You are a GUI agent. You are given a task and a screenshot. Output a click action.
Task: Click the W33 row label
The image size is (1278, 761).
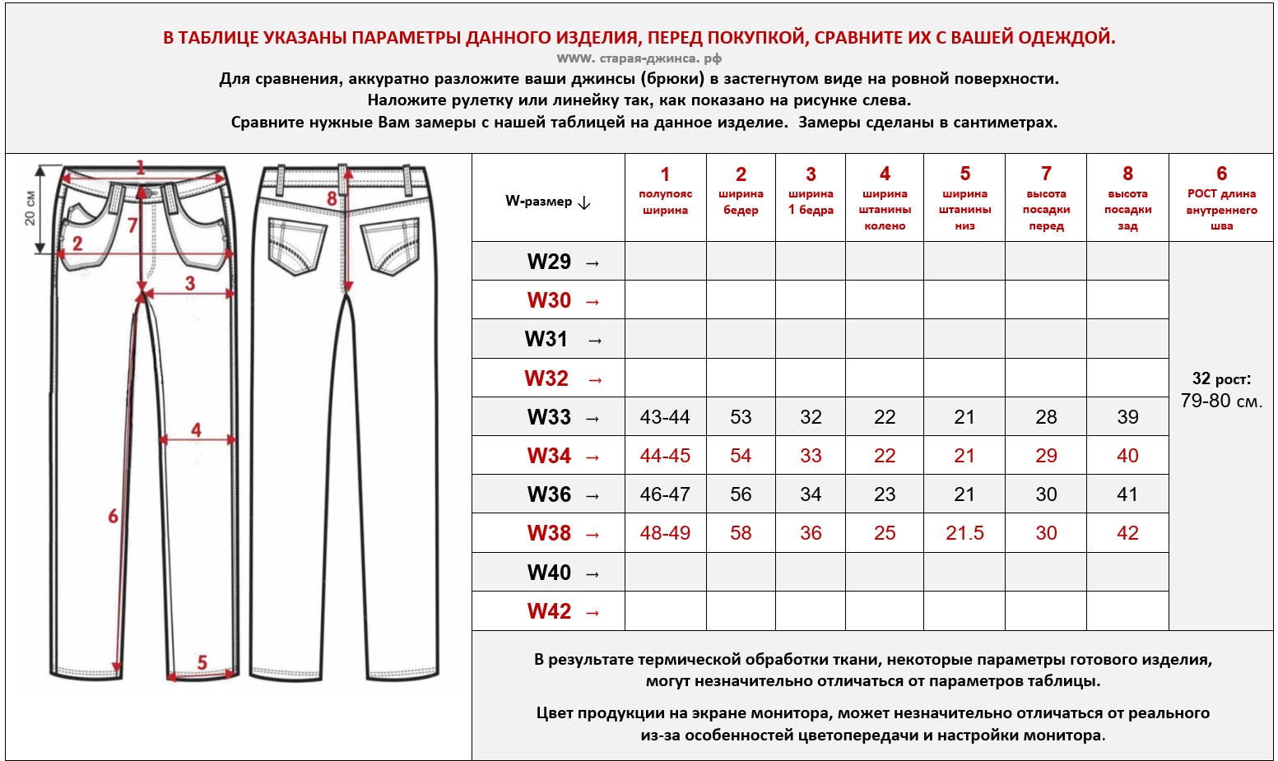point(549,417)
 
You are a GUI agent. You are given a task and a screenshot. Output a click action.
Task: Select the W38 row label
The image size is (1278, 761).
point(549,533)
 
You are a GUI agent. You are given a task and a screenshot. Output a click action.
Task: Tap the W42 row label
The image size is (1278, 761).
point(549,611)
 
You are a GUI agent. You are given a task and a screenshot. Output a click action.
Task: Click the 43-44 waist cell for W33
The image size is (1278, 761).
point(665,417)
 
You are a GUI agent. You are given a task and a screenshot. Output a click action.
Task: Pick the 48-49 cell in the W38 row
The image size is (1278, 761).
point(665,533)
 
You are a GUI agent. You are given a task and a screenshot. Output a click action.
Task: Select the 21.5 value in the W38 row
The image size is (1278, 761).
point(964,533)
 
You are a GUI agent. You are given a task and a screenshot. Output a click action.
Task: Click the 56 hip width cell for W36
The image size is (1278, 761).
point(741,494)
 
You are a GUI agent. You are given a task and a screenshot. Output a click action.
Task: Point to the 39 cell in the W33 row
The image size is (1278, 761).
point(1127,417)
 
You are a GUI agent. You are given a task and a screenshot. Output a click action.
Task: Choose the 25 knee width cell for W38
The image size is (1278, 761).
point(885,533)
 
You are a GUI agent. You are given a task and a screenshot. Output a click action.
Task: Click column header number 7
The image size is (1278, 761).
point(1046,174)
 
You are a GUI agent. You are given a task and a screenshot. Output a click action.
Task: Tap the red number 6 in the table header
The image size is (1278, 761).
point(1221,174)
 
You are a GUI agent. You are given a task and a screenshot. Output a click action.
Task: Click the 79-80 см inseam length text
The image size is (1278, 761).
point(1221,401)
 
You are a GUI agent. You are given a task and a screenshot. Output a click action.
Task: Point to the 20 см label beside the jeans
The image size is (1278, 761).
point(30,208)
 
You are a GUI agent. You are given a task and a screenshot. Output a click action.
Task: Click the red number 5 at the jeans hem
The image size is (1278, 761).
point(202,662)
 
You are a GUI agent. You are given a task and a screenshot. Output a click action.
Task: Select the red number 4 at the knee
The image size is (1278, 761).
point(196,429)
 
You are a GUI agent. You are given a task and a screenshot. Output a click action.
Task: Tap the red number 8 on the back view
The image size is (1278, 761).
point(332,199)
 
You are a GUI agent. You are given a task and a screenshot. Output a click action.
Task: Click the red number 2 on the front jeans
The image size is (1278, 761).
point(77,244)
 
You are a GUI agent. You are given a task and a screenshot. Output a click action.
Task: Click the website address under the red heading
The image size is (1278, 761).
point(639,58)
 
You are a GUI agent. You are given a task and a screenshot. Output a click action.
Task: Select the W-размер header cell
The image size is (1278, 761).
point(547,202)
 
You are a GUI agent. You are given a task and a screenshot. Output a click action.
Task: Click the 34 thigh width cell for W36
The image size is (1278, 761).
point(811,494)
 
